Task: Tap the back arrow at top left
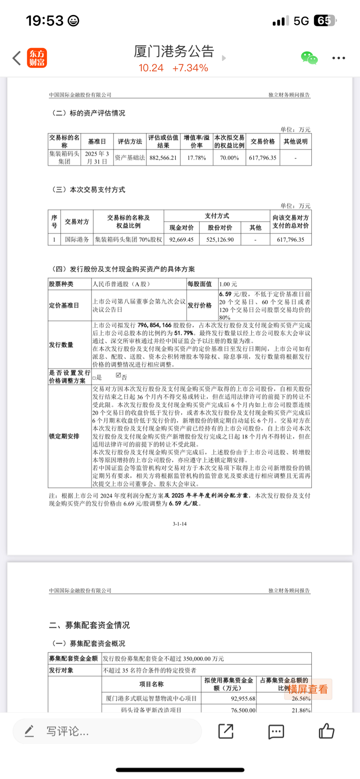coord(17,58)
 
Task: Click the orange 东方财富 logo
coord(37,58)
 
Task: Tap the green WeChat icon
coord(309,58)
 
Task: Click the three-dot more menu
coord(338,58)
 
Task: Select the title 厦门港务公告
coord(174,51)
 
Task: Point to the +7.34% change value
coord(190,68)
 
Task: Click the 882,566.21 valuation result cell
coord(163,158)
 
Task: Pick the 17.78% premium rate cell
coord(196,158)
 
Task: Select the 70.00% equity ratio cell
coord(229,158)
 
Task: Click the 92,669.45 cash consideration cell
coord(181,240)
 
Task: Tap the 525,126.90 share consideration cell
coord(220,240)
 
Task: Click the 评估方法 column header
coord(130,142)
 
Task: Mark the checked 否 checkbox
coord(119,375)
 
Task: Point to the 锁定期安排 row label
coord(64,436)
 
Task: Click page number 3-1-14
coord(180,524)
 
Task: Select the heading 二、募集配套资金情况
coord(90,625)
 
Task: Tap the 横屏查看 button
coord(308,689)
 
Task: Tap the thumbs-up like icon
coord(326,731)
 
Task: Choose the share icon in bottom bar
coord(226,731)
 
